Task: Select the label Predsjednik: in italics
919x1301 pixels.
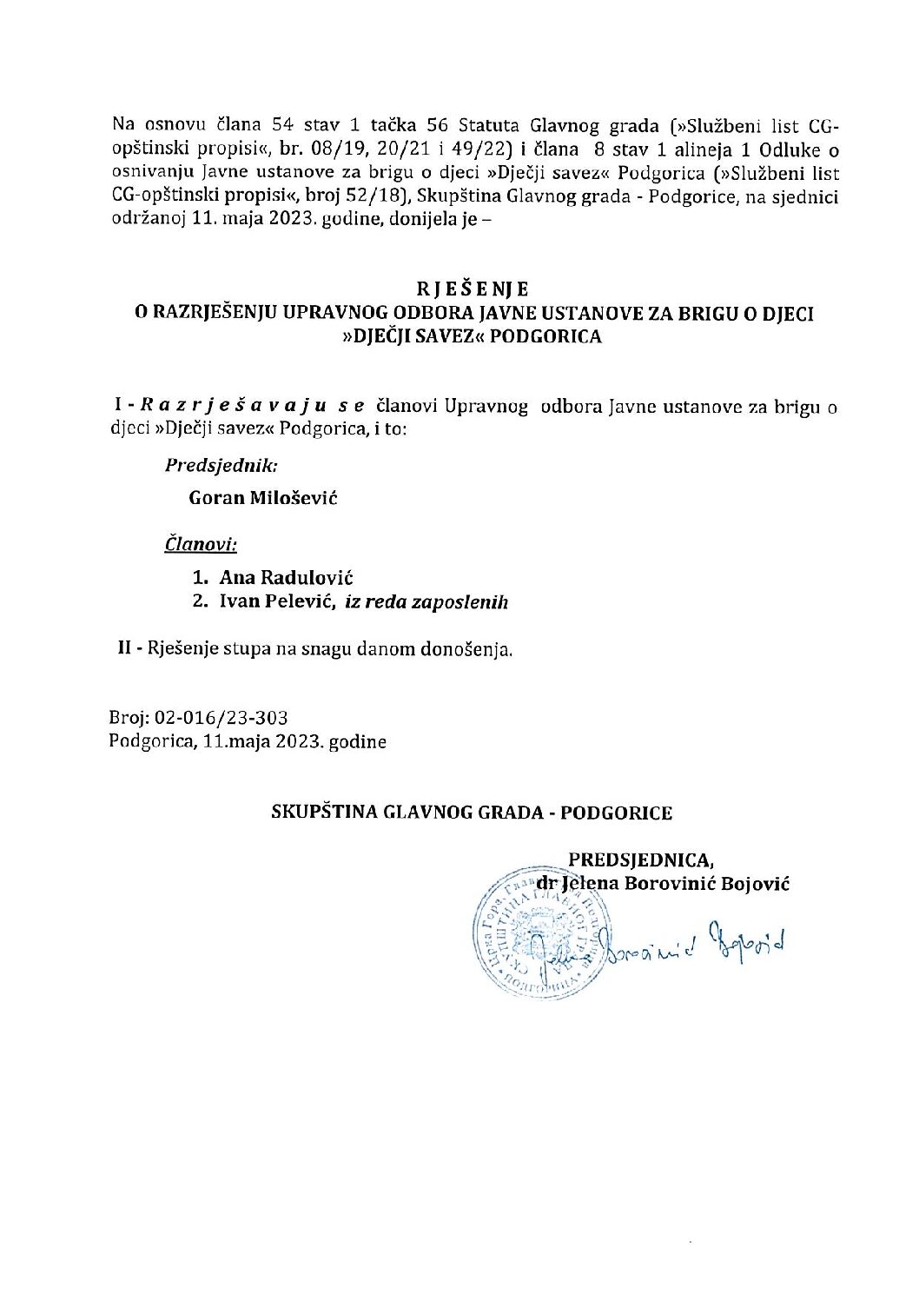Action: click(x=221, y=465)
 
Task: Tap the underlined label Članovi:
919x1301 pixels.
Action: click(x=201, y=545)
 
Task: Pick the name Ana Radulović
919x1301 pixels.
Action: click(x=286, y=577)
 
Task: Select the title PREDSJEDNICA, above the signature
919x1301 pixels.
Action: click(x=641, y=860)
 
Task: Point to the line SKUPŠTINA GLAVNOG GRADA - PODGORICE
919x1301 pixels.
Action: click(x=472, y=813)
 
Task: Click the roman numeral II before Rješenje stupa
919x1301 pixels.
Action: click(x=125, y=647)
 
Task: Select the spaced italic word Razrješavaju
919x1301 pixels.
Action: click(x=241, y=406)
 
